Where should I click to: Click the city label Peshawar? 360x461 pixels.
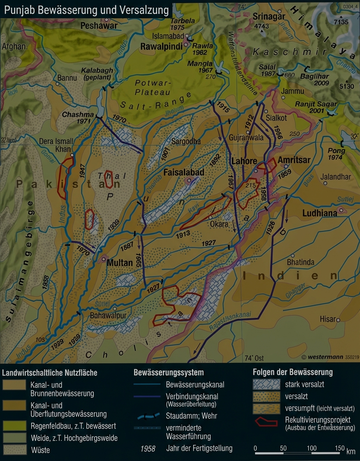(99, 26)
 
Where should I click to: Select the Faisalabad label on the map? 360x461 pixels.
(184, 172)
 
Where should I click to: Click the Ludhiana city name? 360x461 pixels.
(319, 213)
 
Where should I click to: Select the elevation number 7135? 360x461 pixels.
(341, 22)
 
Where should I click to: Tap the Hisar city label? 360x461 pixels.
(327, 319)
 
